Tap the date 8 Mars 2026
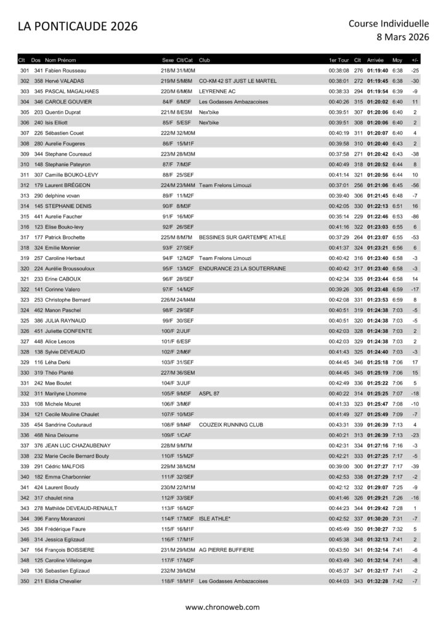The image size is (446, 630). click(402, 37)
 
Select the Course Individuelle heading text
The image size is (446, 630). click(389, 23)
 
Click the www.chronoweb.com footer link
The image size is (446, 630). click(222, 607)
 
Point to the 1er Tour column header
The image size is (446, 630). click(339, 61)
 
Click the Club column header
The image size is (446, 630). click(205, 61)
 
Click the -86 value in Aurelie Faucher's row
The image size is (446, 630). click(414, 217)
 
